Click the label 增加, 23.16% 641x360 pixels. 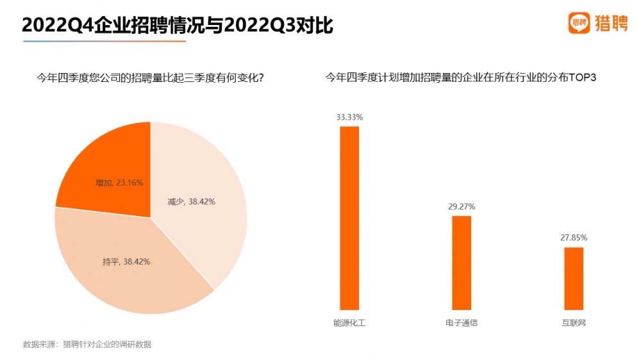click(119, 183)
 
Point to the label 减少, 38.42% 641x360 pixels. click(192, 202)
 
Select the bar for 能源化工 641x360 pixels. click(349, 218)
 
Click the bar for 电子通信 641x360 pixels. click(462, 263)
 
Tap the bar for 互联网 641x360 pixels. click(574, 279)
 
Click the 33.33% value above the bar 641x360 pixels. click(349, 117)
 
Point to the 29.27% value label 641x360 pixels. click(462, 207)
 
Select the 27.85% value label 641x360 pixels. click(574, 238)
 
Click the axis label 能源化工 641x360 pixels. click(349, 323)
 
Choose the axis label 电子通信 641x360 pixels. click(462, 323)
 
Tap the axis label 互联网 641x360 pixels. click(574, 323)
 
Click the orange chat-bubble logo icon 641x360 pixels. click(579, 23)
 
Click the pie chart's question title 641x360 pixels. click(151, 78)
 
